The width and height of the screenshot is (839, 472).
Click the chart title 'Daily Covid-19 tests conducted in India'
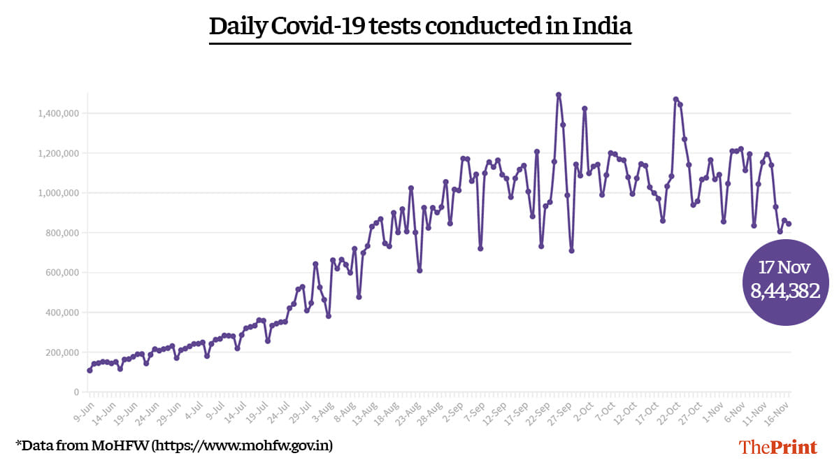point(420,27)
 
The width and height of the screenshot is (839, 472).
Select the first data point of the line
point(89,370)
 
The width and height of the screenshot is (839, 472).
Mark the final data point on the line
point(789,224)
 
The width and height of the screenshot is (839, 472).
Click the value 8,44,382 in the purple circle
point(784,292)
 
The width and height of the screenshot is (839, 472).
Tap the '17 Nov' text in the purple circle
point(785,266)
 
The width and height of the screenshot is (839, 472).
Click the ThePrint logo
point(778,446)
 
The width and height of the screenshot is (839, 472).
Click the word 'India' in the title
point(602,27)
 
